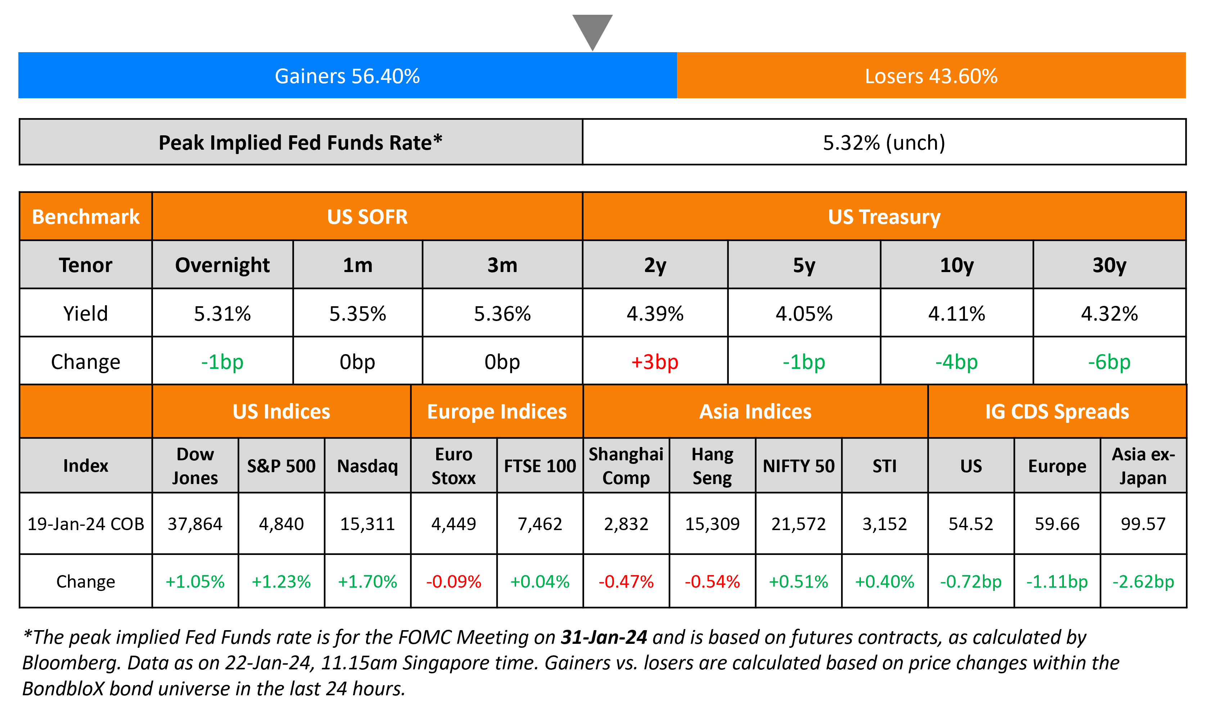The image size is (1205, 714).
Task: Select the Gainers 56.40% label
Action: (347, 76)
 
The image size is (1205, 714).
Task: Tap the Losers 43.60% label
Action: (931, 76)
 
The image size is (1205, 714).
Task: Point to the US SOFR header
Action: (367, 217)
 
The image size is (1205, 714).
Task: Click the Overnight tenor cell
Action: (222, 265)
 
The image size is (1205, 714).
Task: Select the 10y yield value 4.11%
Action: (956, 314)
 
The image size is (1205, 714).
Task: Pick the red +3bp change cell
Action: (655, 362)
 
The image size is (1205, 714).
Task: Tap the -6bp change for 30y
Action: (1109, 362)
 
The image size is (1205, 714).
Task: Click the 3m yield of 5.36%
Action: (502, 314)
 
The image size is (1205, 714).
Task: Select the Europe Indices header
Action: (497, 412)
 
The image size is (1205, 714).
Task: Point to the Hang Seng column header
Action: (712, 466)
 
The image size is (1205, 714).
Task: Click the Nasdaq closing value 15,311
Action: (367, 524)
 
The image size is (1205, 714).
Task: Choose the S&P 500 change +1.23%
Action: (281, 582)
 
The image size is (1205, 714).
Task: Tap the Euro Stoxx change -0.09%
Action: (453, 582)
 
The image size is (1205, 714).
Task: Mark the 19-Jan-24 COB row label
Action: (86, 524)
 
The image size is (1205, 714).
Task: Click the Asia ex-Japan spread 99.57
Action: (1143, 524)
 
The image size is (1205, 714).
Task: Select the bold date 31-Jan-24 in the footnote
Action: (604, 637)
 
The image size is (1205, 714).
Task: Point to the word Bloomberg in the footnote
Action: (70, 663)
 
